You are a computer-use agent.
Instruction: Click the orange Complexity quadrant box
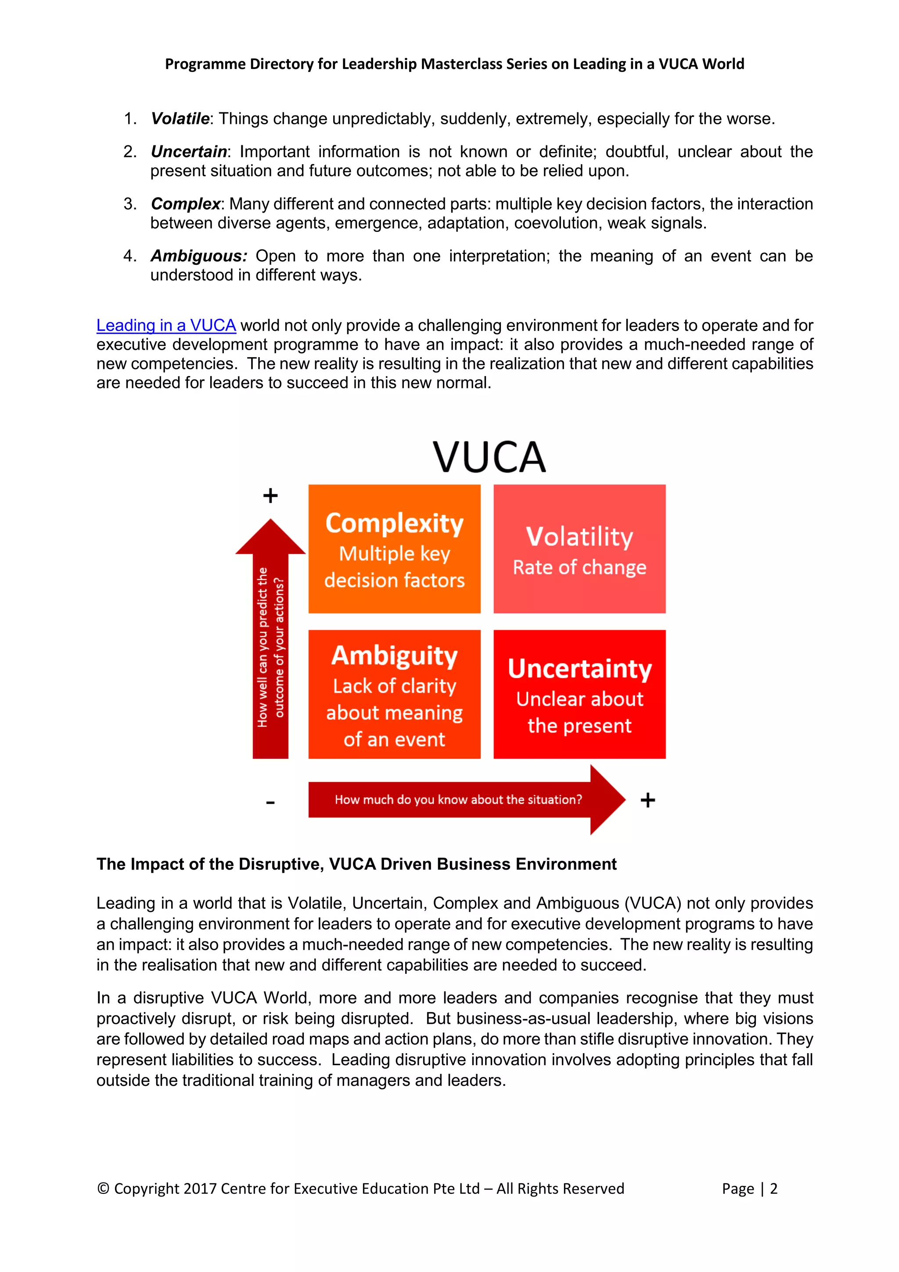click(394, 549)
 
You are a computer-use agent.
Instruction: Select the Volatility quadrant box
click(579, 549)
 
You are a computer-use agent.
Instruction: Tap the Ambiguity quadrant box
click(394, 694)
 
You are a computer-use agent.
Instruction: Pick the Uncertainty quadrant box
click(579, 694)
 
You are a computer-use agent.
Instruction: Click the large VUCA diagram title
click(489, 457)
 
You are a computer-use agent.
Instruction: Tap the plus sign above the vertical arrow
click(270, 495)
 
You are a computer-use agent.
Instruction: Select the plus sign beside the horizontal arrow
click(647, 800)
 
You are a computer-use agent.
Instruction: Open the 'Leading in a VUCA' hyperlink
click(166, 325)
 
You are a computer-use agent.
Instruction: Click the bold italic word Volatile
click(180, 119)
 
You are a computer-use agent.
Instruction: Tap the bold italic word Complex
click(185, 204)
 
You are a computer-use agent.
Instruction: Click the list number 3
click(129, 204)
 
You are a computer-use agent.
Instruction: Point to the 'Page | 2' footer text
click(750, 1189)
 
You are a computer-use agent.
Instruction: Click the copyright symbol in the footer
click(103, 1189)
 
